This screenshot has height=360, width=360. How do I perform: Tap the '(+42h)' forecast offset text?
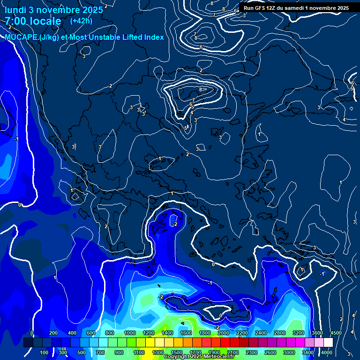[81, 21]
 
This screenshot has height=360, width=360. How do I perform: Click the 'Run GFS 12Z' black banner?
[296, 8]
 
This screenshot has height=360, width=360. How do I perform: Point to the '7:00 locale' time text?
[33, 21]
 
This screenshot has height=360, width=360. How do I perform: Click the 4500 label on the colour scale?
[336, 333]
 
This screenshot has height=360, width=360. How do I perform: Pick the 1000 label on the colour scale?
[129, 333]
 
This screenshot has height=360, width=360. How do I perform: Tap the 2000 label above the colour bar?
[223, 333]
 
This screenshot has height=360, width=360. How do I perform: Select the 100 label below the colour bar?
[44, 352]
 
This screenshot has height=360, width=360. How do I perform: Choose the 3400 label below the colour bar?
[307, 352]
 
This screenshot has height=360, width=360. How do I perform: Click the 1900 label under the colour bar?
[214, 352]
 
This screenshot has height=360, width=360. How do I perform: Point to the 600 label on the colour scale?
[92, 333]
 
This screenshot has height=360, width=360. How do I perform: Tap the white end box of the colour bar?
[328, 343]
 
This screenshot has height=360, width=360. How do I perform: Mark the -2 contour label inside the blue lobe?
[174, 225]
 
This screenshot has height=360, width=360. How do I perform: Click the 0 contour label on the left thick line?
[20, 205]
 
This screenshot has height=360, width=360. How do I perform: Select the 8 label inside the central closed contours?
[201, 89]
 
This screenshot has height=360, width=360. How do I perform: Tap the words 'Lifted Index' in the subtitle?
[140, 37]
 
